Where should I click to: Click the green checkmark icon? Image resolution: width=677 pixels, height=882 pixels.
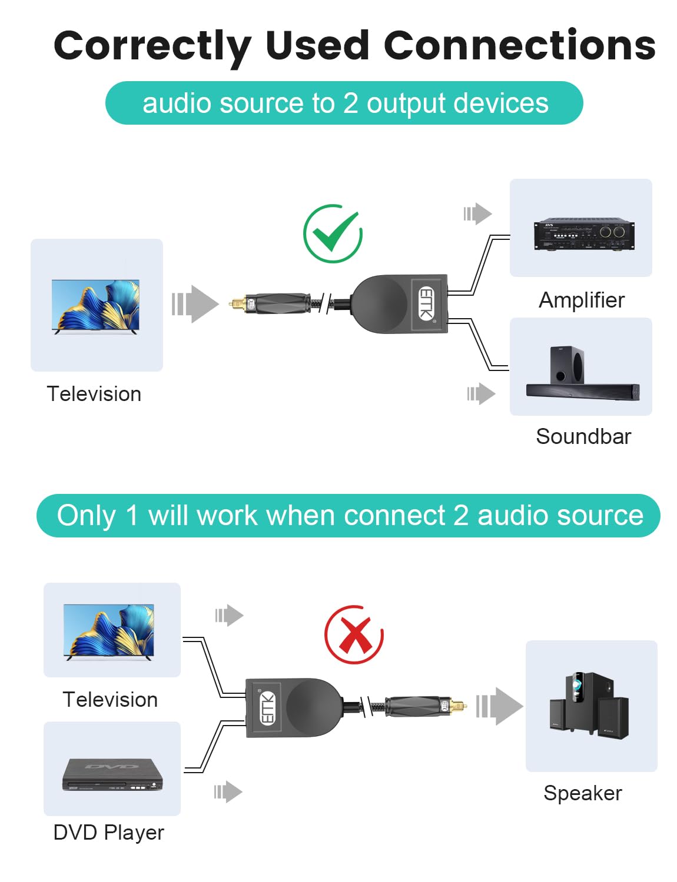coord(333,233)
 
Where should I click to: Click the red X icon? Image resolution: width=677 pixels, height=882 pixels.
coord(354,634)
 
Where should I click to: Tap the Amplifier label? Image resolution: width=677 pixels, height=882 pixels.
coord(582,300)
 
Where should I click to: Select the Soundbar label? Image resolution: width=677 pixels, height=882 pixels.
coord(583,436)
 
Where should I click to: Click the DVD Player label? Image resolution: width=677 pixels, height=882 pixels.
coord(108,833)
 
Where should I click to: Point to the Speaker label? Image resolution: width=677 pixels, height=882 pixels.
coord(583,793)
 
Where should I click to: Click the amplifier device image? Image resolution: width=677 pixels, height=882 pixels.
coord(584,234)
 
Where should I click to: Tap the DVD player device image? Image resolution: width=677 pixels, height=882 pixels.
coord(112,774)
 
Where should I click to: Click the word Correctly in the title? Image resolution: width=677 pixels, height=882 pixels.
coord(152,46)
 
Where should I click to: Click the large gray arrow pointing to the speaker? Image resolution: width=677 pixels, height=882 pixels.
coord(499,706)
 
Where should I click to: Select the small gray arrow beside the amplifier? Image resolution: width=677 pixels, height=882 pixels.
coord(477,213)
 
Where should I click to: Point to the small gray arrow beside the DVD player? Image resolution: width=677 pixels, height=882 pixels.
coord(228,791)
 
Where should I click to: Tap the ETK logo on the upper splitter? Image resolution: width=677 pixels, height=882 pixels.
coord(426,303)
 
